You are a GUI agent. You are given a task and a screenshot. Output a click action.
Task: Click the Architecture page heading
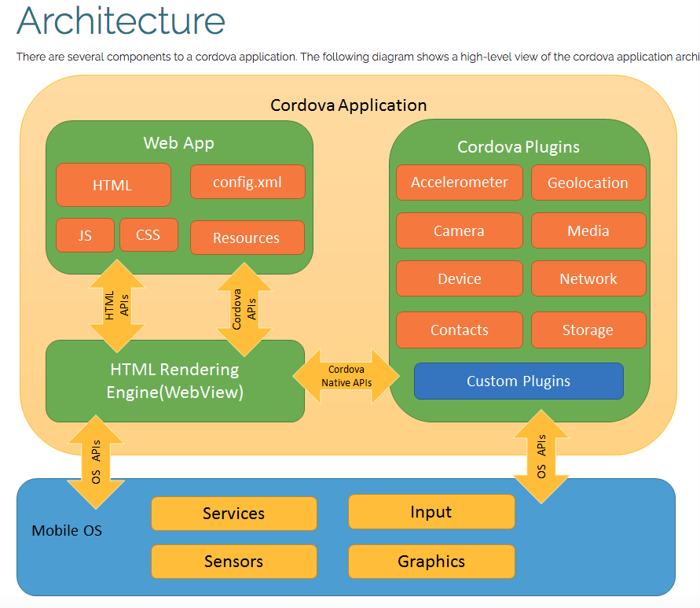coord(121,22)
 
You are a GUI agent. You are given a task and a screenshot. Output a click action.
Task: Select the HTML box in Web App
coord(113,185)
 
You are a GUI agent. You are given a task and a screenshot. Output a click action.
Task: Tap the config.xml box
coord(247,182)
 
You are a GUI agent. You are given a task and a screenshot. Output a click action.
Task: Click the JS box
coord(85,235)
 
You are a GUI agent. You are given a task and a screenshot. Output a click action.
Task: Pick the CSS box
coord(148,234)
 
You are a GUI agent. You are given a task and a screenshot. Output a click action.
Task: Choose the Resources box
coord(247,238)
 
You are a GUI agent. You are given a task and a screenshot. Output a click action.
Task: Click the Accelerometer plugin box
coord(459,182)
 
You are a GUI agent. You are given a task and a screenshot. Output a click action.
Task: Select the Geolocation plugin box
coord(588,182)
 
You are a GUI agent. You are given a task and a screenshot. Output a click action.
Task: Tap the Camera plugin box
coord(459,230)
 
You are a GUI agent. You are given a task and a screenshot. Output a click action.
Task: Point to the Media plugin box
coord(588,230)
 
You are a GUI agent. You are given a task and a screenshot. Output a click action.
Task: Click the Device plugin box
coord(459,278)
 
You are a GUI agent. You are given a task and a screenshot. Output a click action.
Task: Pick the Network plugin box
coord(588,278)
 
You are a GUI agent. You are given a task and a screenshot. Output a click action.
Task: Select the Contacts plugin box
coord(459,330)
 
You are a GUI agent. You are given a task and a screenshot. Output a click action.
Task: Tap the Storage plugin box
coord(588,330)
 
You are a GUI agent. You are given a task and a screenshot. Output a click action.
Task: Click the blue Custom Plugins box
coord(519,381)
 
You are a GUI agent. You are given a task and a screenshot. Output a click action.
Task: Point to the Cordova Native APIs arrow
coord(346,376)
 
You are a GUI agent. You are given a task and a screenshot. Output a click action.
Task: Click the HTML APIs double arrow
coord(117,305)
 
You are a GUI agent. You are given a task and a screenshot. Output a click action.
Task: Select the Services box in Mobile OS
coord(234,514)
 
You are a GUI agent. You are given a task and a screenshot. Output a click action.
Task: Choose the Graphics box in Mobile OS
coord(431,562)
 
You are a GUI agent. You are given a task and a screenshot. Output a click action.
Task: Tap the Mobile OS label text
coord(67,530)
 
